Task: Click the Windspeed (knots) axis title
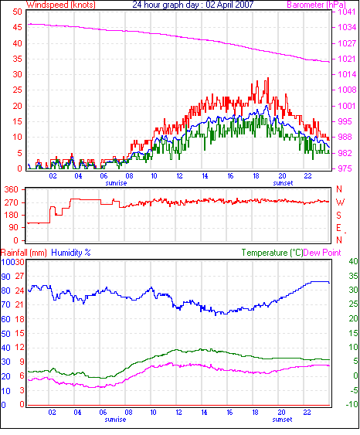(x=61, y=5)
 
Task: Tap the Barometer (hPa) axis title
(x=316, y=5)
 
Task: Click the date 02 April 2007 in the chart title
(x=229, y=5)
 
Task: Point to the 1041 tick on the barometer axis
(x=346, y=12)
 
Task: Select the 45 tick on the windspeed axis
(x=17, y=27)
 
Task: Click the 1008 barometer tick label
(x=347, y=90)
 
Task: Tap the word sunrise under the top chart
(x=116, y=183)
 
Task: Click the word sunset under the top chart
(x=283, y=183)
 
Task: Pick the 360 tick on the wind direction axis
(x=11, y=190)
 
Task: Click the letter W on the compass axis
(x=340, y=202)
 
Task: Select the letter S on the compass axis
(x=338, y=216)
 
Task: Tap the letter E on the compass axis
(x=338, y=228)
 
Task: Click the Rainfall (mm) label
(x=24, y=253)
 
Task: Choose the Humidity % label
(x=71, y=253)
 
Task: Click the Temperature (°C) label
(x=272, y=253)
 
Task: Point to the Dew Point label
(x=322, y=253)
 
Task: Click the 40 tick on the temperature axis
(x=353, y=261)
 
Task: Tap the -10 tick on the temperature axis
(x=352, y=404)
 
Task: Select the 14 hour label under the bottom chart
(x=204, y=413)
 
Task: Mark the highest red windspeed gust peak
(x=268, y=78)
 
